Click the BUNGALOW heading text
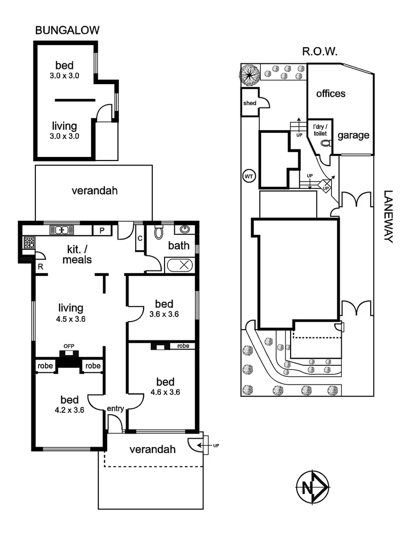67,30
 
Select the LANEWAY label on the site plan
388,216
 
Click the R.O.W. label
320,51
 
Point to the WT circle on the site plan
249,176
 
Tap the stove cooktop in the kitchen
29,242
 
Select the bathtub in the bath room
179,265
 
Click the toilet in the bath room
158,232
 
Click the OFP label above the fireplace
69,346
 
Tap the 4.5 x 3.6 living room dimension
70,319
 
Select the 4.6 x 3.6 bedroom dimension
165,392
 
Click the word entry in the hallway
116,408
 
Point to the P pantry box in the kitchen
102,230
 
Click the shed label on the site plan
250,103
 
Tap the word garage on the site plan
353,135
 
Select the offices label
331,94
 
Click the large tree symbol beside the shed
250,76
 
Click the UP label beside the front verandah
216,445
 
